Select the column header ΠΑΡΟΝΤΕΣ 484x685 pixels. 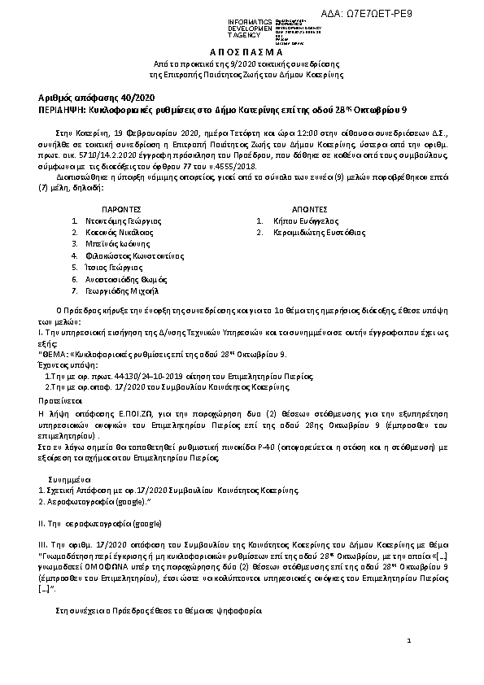click(116, 208)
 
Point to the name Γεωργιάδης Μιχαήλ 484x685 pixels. click(121, 290)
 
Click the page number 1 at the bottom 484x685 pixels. click(409, 642)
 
